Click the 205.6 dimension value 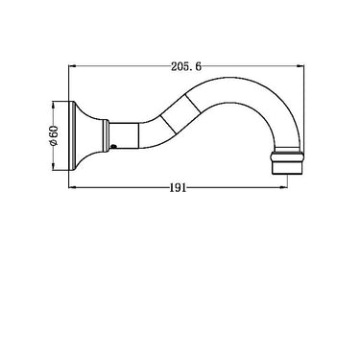[186, 66]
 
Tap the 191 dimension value [178, 188]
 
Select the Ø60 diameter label [54, 135]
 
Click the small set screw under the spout [112, 147]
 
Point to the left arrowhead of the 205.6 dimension [72, 66]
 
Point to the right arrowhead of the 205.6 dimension [300, 66]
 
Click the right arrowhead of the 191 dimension [284, 187]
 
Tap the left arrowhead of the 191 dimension [72, 187]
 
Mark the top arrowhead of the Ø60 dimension [54, 105]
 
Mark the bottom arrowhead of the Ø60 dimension [54, 166]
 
